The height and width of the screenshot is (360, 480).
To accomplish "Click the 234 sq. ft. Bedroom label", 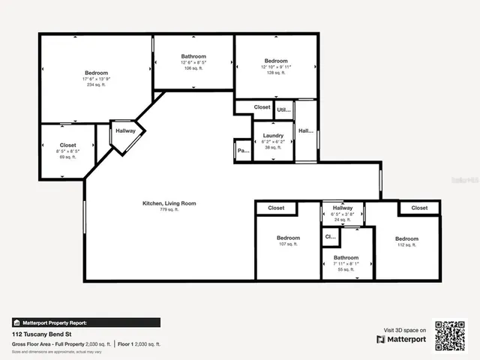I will coord(97,73).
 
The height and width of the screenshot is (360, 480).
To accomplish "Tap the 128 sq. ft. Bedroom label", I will coord(275,61).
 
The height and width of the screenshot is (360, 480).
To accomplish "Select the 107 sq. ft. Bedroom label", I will coord(288,238).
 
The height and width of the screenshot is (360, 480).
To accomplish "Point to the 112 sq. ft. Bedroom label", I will coord(406,239).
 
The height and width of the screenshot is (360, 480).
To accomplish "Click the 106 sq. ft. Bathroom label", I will coord(193,57).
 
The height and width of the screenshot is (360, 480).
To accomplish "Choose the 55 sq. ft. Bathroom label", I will coord(346,258).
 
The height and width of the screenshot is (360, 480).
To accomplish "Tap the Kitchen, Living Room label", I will coord(169,203).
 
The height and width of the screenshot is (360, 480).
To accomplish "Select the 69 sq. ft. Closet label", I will coord(68,145).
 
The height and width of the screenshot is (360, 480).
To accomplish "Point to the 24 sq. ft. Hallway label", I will coord(342,208).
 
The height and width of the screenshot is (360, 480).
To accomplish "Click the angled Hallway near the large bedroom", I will coord(125,130).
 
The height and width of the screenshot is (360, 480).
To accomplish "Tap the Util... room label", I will coord(283,109).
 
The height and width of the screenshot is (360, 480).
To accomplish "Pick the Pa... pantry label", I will coord(242,151).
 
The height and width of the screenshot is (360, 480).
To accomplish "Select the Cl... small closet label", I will coord(330,237).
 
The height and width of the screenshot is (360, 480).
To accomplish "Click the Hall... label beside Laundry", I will coord(305,131).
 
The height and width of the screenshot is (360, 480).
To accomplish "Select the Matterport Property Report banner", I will coord(85,322).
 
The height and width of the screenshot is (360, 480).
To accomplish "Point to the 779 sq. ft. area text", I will coord(169,211).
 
